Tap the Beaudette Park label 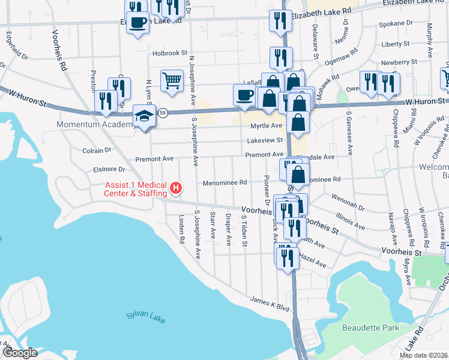pyautogui.click(x=370, y=328)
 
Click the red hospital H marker pyautogui.click(x=176, y=188)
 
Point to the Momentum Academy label pyautogui.click(x=95, y=125)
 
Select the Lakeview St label pyautogui.click(x=264, y=140)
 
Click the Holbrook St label pyautogui.click(x=170, y=53)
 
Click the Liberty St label pyautogui.click(x=395, y=44)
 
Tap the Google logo pyautogui.click(x=19, y=353)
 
